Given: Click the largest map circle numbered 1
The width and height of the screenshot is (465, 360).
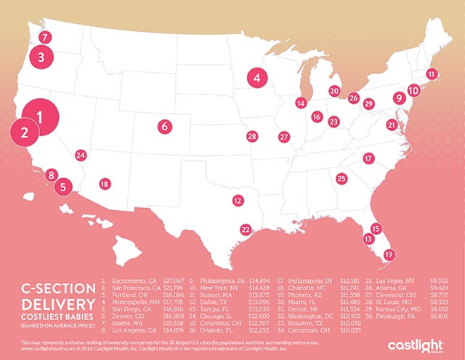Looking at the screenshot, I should (x=40, y=117).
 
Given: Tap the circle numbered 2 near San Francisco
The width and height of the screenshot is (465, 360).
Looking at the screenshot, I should (x=25, y=133).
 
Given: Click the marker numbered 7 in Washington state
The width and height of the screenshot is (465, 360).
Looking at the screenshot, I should (x=45, y=36).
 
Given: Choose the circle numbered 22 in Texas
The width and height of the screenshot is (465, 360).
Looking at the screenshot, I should (x=246, y=230).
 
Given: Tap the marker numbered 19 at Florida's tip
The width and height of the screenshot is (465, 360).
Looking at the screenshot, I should (x=389, y=255).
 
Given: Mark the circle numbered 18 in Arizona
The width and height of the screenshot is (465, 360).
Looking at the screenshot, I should (x=105, y=185).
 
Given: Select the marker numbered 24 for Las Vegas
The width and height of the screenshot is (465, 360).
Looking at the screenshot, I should (x=81, y=155).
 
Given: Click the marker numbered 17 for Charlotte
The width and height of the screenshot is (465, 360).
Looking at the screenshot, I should (x=368, y=159).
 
